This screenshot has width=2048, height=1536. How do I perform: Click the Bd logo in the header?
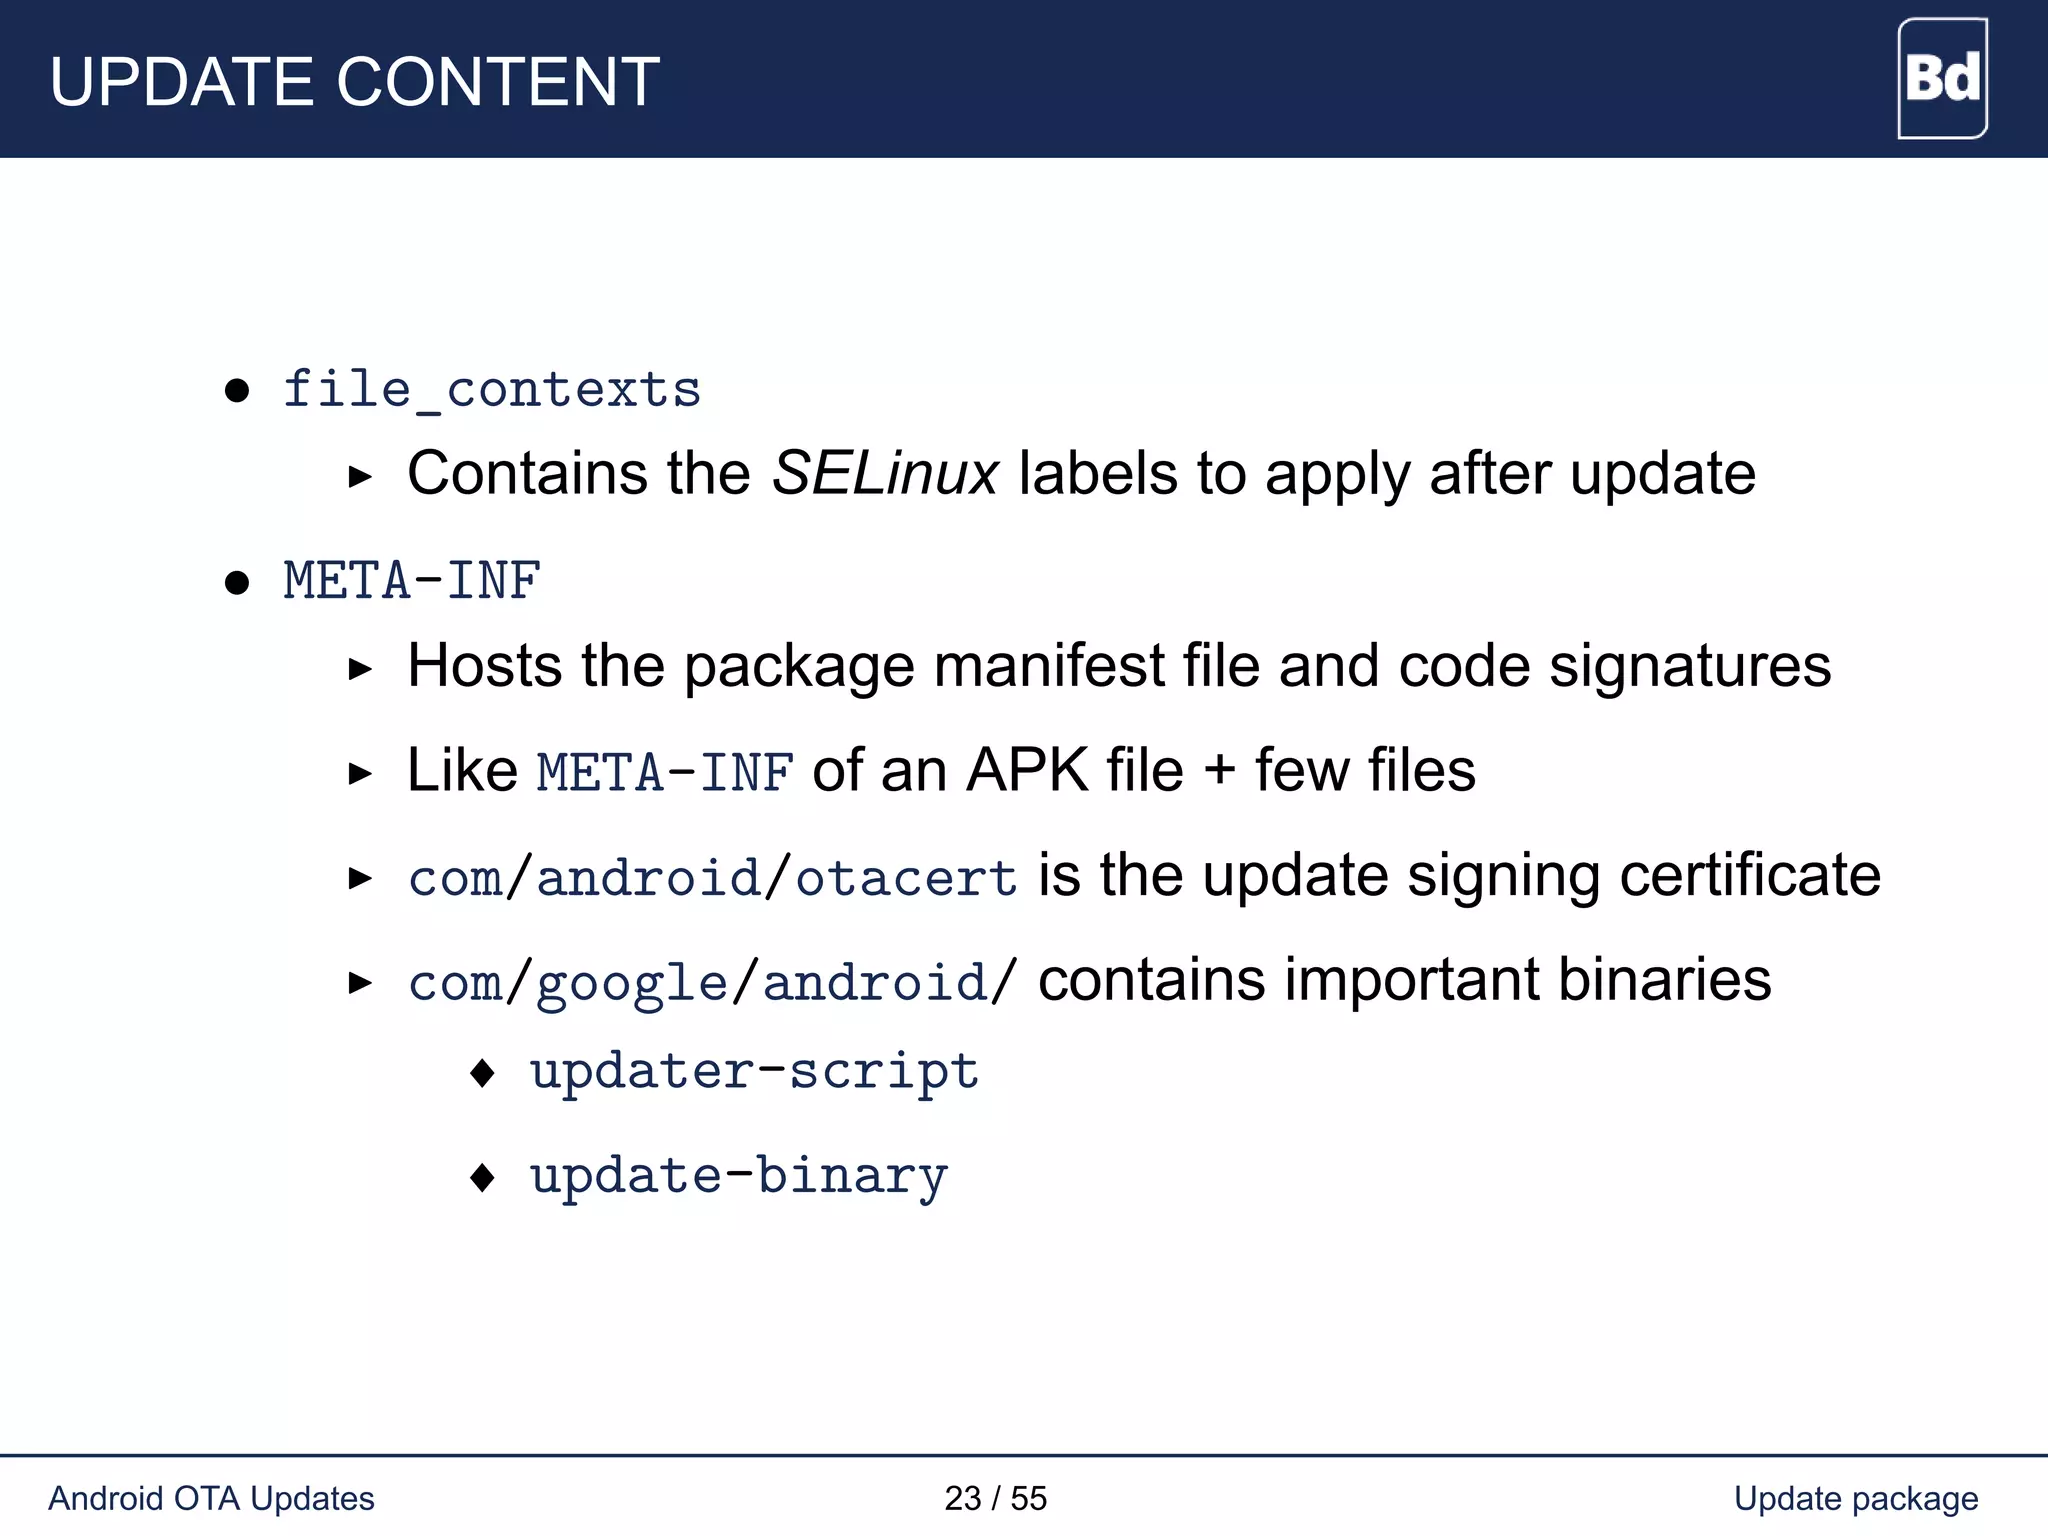1942,78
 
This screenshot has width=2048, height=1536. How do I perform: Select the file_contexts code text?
492,389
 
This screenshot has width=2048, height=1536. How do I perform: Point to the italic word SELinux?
885,473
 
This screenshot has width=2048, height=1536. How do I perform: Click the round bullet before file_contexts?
237,390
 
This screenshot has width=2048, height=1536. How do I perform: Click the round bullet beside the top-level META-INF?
237,582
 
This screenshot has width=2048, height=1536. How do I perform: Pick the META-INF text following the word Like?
665,773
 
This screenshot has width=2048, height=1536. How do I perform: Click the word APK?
1027,771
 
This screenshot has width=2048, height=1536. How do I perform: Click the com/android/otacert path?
713,878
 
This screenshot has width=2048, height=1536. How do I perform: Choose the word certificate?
1750,876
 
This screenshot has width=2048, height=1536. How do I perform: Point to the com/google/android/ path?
713,982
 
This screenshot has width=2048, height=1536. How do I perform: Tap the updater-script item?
754,1072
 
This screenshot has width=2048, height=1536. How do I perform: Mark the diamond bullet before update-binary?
483,1177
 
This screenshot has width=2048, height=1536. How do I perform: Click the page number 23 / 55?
995,1498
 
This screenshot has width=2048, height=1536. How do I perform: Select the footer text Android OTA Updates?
211,1498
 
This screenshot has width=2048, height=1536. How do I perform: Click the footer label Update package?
1856,1498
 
